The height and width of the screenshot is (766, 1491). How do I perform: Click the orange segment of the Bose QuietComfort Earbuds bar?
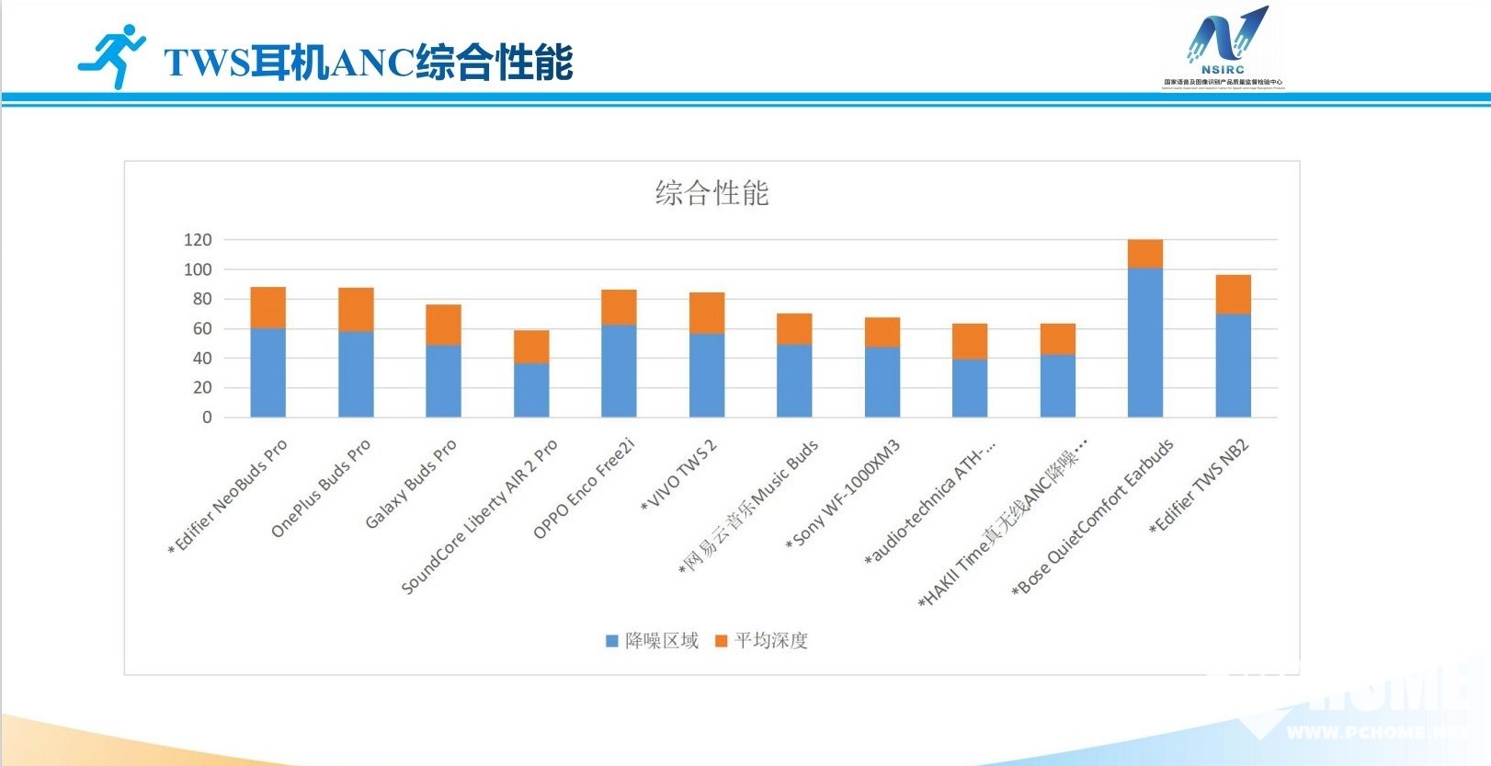[x=1144, y=254]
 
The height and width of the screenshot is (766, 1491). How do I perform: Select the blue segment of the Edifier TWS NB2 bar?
[x=1233, y=366]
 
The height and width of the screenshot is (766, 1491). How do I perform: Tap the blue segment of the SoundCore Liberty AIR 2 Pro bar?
[x=531, y=390]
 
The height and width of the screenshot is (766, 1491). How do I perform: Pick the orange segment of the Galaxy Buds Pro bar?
[x=443, y=325]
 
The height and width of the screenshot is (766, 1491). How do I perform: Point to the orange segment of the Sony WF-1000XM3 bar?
[x=882, y=332]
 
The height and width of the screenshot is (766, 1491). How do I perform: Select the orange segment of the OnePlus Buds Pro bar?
[x=356, y=310]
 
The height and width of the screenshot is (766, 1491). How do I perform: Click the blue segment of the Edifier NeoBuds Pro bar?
[x=267, y=372]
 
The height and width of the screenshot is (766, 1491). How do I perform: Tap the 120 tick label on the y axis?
[x=198, y=240]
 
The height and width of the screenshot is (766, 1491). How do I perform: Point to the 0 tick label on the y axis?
[x=207, y=417]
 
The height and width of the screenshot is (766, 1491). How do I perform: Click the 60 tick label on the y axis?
[x=202, y=328]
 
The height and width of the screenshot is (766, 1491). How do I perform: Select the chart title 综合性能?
[x=711, y=193]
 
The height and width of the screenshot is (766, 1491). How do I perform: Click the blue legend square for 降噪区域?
[x=611, y=641]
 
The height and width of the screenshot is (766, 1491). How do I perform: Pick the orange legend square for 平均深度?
[x=722, y=641]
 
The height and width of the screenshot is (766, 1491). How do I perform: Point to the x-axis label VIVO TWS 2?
[x=679, y=474]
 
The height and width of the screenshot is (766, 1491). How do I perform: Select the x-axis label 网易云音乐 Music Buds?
[x=748, y=507]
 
